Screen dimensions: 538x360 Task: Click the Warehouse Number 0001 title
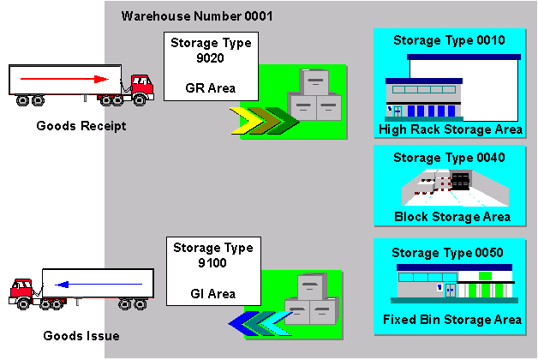[197, 16]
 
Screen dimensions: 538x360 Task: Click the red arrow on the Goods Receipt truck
[64, 79]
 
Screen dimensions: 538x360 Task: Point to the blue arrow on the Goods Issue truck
[99, 285]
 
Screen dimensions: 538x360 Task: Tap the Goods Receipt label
[81, 126]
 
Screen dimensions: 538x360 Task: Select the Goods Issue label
[81, 336]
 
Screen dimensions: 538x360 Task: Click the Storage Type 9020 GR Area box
[211, 66]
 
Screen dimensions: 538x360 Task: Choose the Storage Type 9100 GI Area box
[213, 271]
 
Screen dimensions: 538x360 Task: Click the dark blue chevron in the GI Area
[242, 324]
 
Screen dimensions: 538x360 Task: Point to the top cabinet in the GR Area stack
[314, 81]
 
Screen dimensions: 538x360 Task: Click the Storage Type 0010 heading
[449, 40]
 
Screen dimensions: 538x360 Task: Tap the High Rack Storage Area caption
[451, 129]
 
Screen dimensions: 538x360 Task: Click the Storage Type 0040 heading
[449, 158]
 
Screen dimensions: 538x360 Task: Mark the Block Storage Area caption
[452, 217]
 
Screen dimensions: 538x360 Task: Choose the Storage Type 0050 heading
[447, 253]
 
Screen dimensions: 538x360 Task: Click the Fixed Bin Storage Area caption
[452, 320]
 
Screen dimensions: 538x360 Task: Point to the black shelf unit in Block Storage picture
[460, 181]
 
